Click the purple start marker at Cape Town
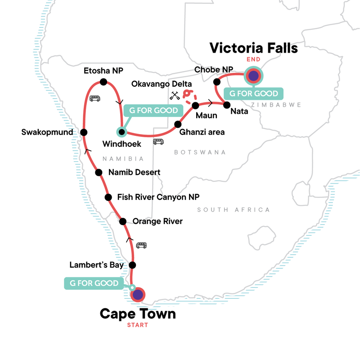[138, 294]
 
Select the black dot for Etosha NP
[103, 82]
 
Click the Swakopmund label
[47, 132]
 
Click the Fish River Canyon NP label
[157, 197]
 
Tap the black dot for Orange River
[122, 221]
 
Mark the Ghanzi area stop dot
[178, 124]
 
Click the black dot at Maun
[195, 106]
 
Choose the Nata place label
[238, 110]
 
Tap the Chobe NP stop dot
[216, 81]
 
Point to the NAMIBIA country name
[123, 159]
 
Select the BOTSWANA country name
[200, 153]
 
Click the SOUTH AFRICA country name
[234, 210]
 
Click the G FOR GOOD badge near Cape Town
[94, 283]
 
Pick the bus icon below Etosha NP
[95, 99]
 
